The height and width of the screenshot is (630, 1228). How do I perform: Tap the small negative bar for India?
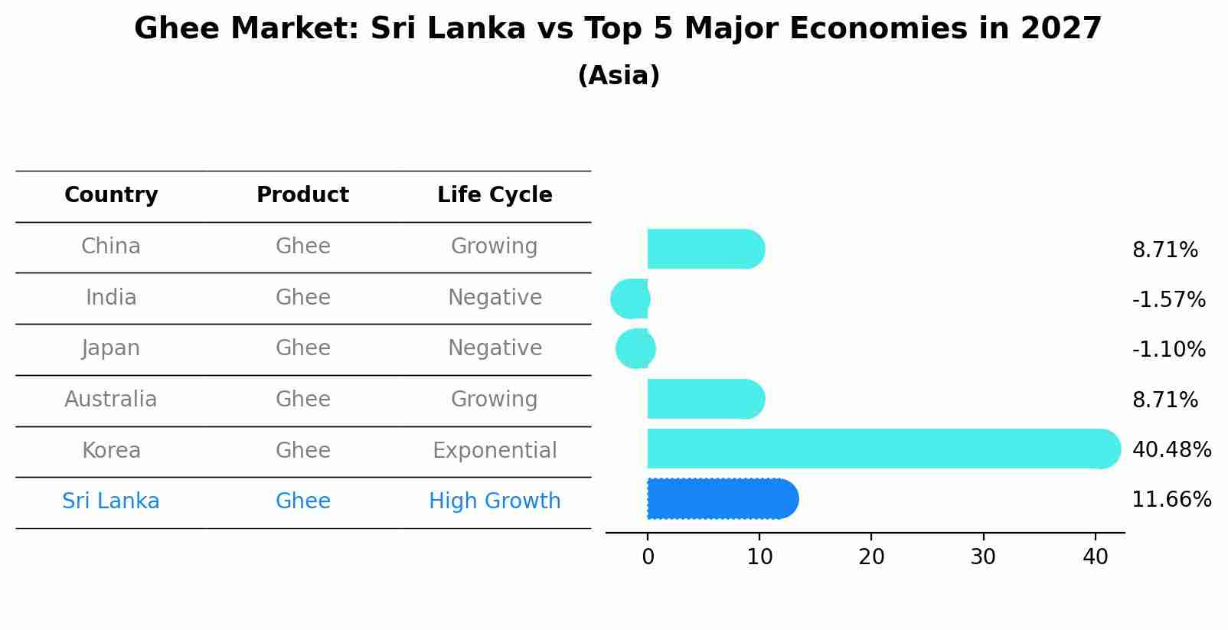pos(630,299)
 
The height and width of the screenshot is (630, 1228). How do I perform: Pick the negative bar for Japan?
pos(635,348)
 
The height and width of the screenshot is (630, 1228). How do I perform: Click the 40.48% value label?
pos(1171,449)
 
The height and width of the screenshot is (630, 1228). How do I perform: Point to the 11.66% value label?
pos(1171,500)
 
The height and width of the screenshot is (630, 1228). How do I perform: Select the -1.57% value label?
pos(1168,299)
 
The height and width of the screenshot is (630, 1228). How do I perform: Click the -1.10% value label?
pos(1168,350)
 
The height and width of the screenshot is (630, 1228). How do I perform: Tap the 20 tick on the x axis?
pos(871,557)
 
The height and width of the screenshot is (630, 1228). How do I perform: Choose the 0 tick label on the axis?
pos(648,557)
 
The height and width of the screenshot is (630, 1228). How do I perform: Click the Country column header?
pos(111,195)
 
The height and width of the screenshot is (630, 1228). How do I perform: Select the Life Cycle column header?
pos(495,195)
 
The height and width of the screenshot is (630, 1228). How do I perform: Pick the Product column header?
pos(302,195)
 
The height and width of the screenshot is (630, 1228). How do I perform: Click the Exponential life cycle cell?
pos(495,450)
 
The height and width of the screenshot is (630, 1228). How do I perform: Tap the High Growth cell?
pos(495,501)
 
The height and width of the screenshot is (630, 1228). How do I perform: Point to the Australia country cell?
pos(111,400)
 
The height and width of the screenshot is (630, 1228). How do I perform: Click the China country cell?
pos(111,246)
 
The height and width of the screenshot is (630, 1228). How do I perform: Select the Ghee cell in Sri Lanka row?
pos(302,501)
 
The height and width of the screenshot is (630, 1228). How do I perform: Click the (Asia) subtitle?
pos(619,76)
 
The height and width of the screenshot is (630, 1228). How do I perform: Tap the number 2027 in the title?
pos(1060,29)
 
